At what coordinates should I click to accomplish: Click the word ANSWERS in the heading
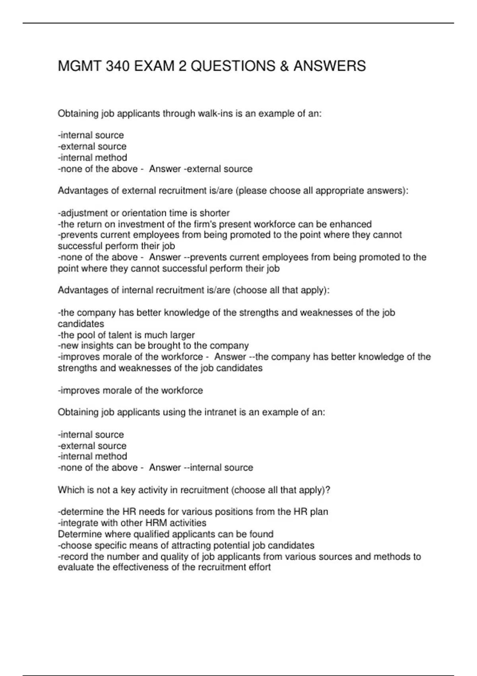[x=330, y=66]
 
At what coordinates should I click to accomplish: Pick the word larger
[x=182, y=335]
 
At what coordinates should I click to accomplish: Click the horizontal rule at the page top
[x=238, y=23]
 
